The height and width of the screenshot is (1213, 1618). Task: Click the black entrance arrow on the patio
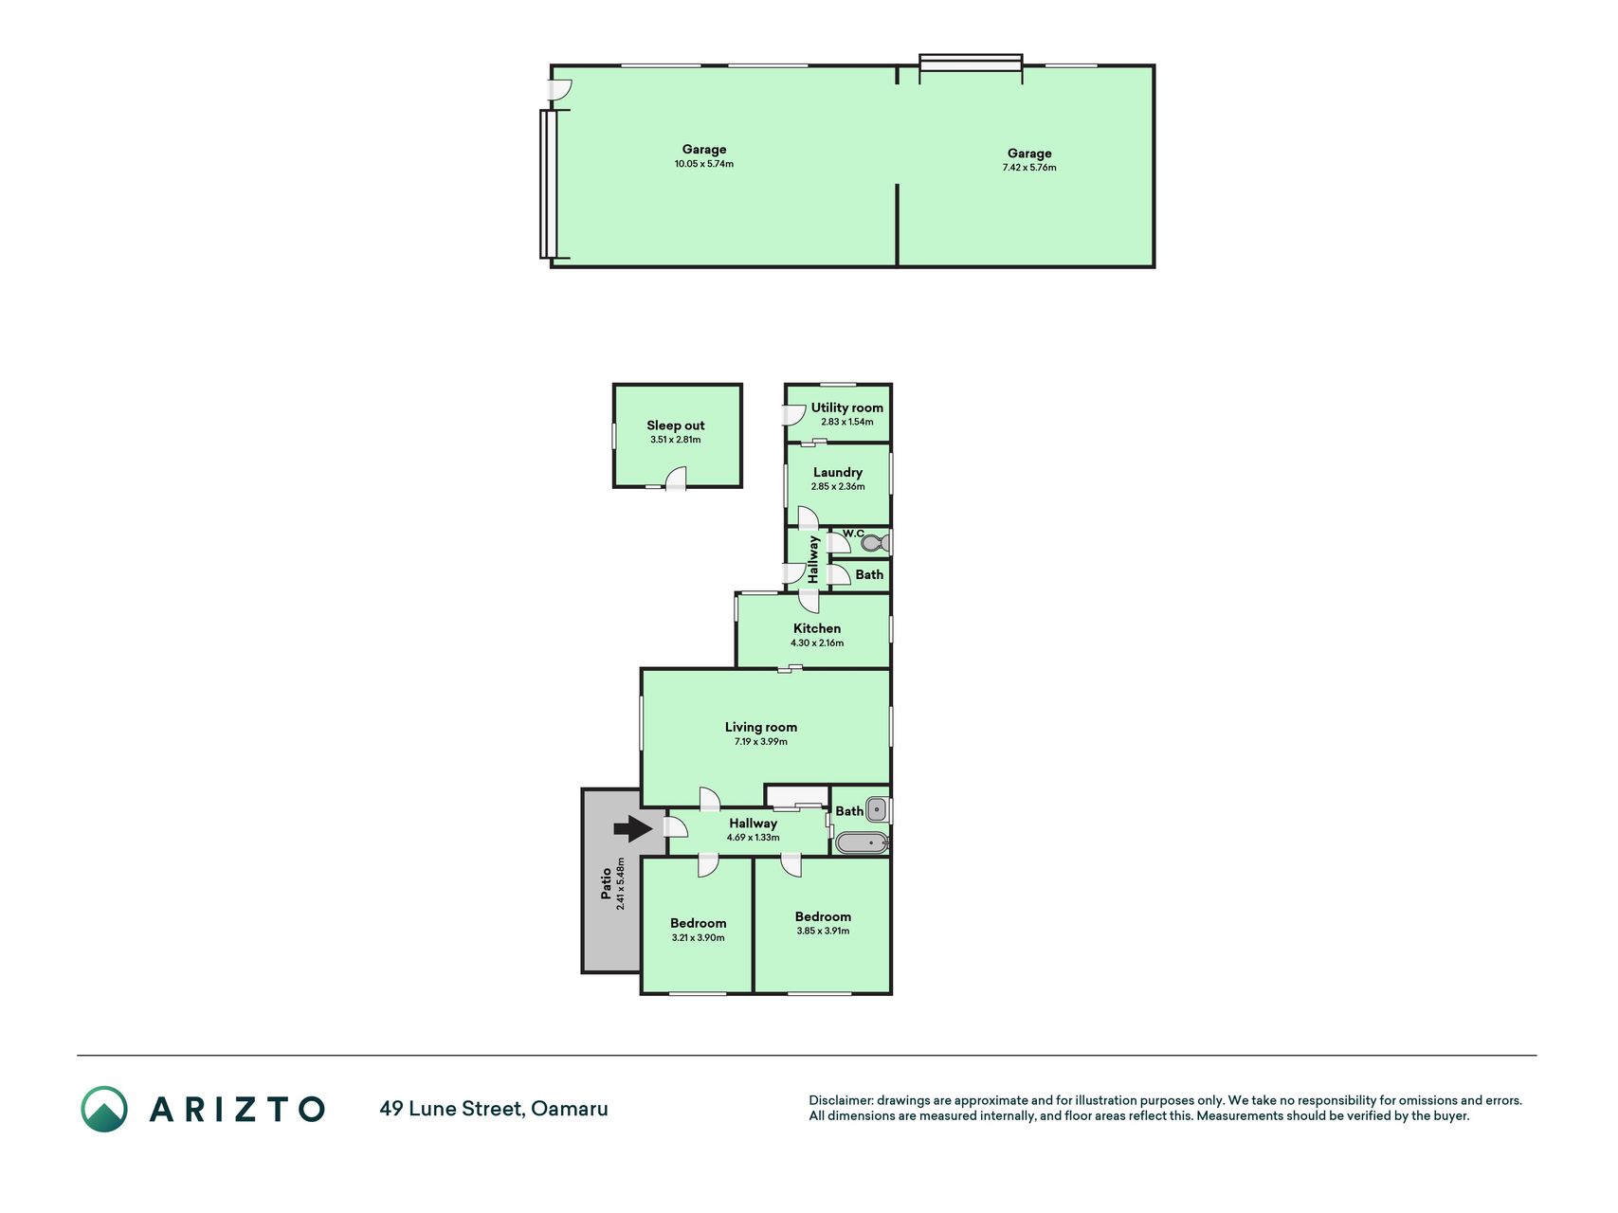click(x=633, y=829)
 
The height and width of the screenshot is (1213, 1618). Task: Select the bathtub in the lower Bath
click(x=862, y=842)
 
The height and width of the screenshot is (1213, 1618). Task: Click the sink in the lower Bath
click(x=878, y=809)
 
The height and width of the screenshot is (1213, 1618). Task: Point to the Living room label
click(x=761, y=727)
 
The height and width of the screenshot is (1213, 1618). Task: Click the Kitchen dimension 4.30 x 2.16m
click(x=817, y=643)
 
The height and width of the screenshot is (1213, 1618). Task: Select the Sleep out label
click(x=676, y=425)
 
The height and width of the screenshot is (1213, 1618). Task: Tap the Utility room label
click(x=847, y=407)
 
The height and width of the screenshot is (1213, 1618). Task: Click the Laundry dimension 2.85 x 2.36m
click(x=838, y=486)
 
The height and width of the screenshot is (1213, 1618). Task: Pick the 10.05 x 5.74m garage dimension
click(x=704, y=164)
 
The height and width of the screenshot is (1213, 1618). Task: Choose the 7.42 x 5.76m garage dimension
click(x=1029, y=168)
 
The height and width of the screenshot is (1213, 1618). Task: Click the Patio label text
click(x=607, y=884)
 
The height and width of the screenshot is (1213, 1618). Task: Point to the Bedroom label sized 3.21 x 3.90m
click(x=699, y=923)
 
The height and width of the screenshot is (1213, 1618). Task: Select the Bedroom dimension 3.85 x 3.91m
click(x=823, y=931)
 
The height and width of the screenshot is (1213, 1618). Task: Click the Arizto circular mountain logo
click(x=104, y=1109)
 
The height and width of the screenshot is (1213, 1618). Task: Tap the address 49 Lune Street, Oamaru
click(x=494, y=1109)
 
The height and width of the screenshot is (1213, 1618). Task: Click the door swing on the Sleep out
click(x=675, y=479)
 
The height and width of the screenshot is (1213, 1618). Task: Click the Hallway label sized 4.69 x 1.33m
click(x=754, y=824)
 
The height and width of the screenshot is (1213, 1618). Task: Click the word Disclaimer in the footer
click(x=840, y=1100)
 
